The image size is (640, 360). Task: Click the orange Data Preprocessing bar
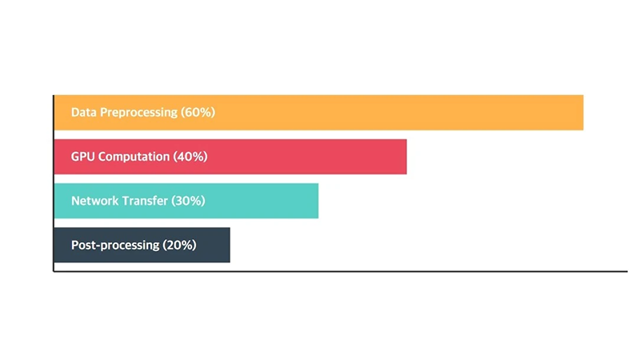point(318,113)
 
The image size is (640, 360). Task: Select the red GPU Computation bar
point(230,157)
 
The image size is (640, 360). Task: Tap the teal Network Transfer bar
point(186,201)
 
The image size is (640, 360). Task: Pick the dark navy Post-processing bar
point(142,245)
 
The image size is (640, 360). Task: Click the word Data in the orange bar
point(84,112)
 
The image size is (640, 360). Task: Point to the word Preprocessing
point(138,113)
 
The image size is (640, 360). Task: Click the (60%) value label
point(198,112)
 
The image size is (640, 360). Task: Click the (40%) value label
point(190,156)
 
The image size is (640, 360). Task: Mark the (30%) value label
point(188,201)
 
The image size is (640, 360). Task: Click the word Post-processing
point(115,246)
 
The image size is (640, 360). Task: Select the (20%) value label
point(179,245)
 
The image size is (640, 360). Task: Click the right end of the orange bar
point(583,113)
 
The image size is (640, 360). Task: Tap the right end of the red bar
point(406,157)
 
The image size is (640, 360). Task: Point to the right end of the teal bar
point(318,201)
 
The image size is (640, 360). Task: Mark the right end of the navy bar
point(230,245)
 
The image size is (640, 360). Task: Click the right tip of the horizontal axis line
point(627,271)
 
